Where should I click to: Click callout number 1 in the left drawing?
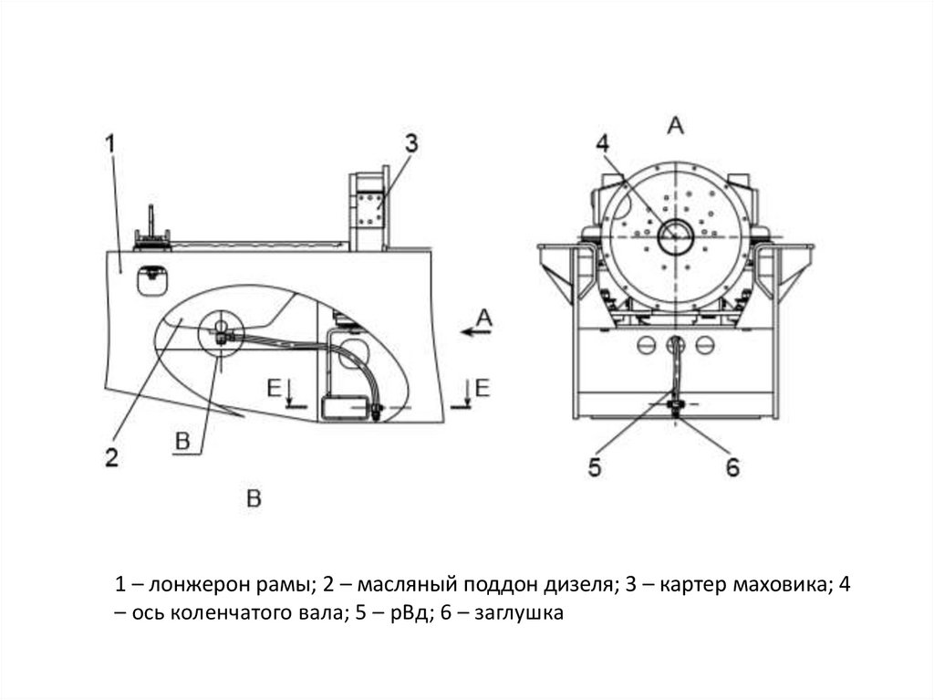point(110,143)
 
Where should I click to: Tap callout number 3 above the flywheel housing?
point(411,143)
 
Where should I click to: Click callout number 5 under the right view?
point(595,468)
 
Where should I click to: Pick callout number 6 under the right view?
point(732,468)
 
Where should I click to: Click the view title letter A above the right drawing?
point(676,125)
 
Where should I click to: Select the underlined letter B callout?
point(182,442)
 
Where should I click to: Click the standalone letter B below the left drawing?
point(254,497)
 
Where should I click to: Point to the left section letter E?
point(273,387)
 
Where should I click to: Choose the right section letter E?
point(483,387)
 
